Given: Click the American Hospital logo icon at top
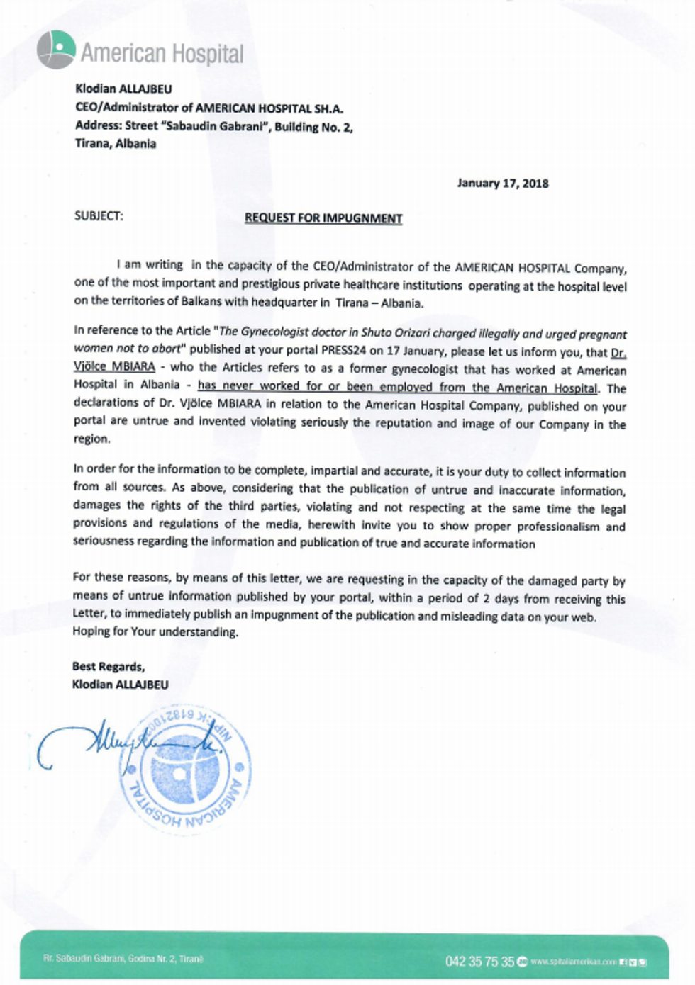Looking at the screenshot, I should pyautogui.click(x=56, y=50).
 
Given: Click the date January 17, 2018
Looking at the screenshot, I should pyautogui.click(x=502, y=184).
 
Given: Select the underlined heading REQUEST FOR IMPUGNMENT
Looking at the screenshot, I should pyautogui.click(x=323, y=218).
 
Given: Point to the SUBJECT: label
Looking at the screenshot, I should pyautogui.click(x=99, y=216).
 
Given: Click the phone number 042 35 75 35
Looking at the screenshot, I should pyautogui.click(x=479, y=961).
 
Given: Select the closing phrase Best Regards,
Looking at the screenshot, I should pyautogui.click(x=109, y=667).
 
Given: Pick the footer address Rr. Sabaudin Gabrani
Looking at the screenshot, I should pyautogui.click(x=123, y=958).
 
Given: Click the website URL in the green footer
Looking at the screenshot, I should pyautogui.click(x=573, y=962).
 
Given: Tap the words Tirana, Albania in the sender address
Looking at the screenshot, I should pyautogui.click(x=116, y=144).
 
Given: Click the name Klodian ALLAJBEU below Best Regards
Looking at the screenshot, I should pyautogui.click(x=121, y=685).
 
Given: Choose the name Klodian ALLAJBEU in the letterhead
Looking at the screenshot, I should pyautogui.click(x=123, y=89).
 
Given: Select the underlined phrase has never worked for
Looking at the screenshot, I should pyautogui.click(x=260, y=387).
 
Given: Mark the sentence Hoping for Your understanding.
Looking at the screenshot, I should pyautogui.click(x=155, y=632).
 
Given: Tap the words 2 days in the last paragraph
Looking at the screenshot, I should pyautogui.click(x=506, y=598).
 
